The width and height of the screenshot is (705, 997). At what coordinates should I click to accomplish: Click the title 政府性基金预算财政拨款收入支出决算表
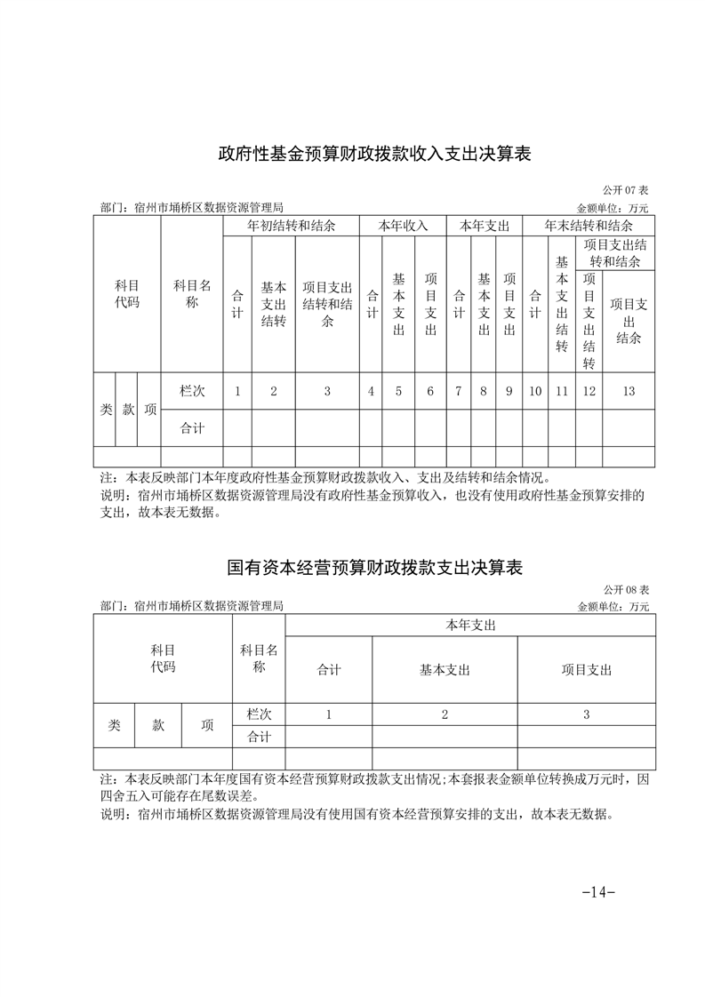(x=374, y=154)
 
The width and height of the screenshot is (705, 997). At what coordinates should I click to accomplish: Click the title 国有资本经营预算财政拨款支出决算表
(x=374, y=566)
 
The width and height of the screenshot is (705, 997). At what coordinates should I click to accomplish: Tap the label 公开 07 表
(x=626, y=190)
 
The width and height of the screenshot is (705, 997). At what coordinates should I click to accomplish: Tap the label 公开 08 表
(x=626, y=589)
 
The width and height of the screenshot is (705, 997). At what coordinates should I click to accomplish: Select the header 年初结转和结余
(x=291, y=227)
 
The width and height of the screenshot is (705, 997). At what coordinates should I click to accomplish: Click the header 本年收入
(x=404, y=227)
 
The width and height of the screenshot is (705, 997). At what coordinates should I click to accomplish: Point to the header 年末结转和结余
(x=589, y=227)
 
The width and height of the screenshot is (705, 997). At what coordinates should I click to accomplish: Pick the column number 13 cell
(x=629, y=391)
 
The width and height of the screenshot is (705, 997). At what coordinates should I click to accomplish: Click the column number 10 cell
(x=535, y=391)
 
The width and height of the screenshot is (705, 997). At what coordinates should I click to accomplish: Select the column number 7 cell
(x=458, y=391)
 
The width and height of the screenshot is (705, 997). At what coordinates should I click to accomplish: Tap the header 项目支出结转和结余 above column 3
(x=327, y=305)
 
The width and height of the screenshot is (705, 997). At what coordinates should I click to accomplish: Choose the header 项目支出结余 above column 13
(x=629, y=321)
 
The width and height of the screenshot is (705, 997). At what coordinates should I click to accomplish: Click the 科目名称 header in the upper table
(x=192, y=294)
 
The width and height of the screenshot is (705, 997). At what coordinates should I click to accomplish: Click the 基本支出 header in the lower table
(x=445, y=670)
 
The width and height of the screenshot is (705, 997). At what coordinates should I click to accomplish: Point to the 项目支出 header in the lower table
(x=587, y=670)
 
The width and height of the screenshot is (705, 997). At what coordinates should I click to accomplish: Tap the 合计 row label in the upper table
(x=192, y=428)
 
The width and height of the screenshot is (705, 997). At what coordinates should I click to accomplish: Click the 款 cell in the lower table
(x=158, y=725)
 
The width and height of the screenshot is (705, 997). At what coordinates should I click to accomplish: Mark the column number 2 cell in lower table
(x=445, y=714)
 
